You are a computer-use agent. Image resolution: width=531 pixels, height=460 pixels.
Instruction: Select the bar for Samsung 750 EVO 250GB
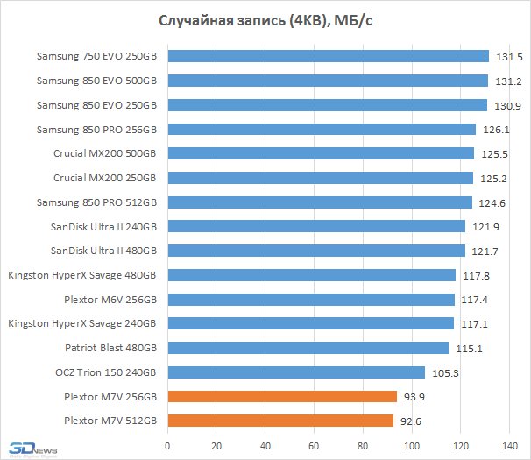click(x=328, y=57)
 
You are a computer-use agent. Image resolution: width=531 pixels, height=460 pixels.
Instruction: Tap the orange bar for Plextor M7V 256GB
click(x=282, y=397)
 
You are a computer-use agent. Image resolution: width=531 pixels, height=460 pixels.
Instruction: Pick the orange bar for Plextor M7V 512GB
click(x=280, y=421)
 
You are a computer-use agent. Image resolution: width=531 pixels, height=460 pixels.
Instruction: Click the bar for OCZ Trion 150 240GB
click(x=296, y=372)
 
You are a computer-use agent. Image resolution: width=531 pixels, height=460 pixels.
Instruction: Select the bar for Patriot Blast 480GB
click(x=308, y=348)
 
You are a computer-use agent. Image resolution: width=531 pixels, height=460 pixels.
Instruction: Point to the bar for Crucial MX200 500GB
click(x=321, y=154)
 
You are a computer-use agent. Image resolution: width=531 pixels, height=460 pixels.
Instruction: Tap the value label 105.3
click(x=446, y=372)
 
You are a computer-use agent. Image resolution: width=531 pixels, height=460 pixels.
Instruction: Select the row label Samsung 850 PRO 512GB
click(x=96, y=202)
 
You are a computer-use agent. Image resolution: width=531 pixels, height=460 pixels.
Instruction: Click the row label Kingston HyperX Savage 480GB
click(x=82, y=275)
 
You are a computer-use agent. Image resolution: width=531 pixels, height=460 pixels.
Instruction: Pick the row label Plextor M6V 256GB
click(x=110, y=300)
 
